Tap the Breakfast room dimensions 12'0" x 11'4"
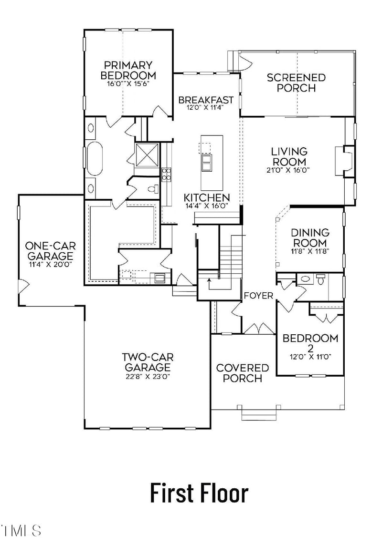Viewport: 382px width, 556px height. (206, 108)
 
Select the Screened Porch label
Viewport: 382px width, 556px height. (296, 82)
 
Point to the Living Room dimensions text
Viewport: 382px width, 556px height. (289, 170)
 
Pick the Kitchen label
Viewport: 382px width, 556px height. (207, 197)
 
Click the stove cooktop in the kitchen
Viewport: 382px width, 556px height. (167, 174)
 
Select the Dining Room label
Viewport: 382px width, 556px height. (310, 237)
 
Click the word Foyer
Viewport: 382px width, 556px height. (258, 296)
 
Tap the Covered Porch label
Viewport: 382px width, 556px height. (243, 373)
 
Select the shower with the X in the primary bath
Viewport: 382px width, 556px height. (147, 153)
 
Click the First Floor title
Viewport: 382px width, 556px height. (199, 493)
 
